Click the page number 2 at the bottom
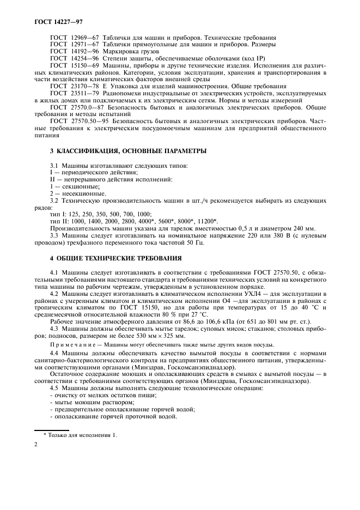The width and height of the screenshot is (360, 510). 36,445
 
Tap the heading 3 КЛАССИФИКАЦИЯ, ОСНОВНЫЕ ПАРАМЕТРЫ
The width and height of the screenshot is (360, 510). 120,150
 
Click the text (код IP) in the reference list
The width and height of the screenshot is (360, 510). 238,58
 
